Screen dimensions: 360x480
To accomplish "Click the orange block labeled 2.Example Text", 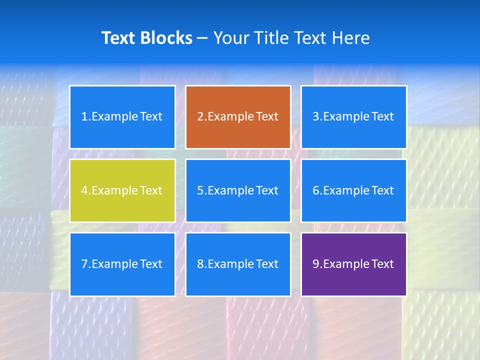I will tap(238, 117).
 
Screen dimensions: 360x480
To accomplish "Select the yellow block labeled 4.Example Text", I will tap(122, 190).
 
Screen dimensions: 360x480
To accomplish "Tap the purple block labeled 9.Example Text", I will tap(353, 264).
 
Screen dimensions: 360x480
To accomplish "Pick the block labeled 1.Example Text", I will tap(122, 117).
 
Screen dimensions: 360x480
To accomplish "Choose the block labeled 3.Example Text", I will tap(353, 117).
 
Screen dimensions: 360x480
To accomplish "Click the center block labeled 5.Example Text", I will tap(238, 190).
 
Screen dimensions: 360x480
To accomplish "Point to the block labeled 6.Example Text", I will tap(353, 190).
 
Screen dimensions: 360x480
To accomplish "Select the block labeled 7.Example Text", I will tap(122, 264).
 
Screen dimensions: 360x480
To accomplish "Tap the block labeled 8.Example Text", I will tap(238, 264).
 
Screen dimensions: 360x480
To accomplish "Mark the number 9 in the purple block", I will tap(316, 264).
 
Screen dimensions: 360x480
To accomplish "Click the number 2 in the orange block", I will tap(200, 117).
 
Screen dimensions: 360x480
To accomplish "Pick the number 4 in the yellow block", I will tap(84, 190).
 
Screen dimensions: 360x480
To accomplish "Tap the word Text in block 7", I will tap(151, 264).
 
